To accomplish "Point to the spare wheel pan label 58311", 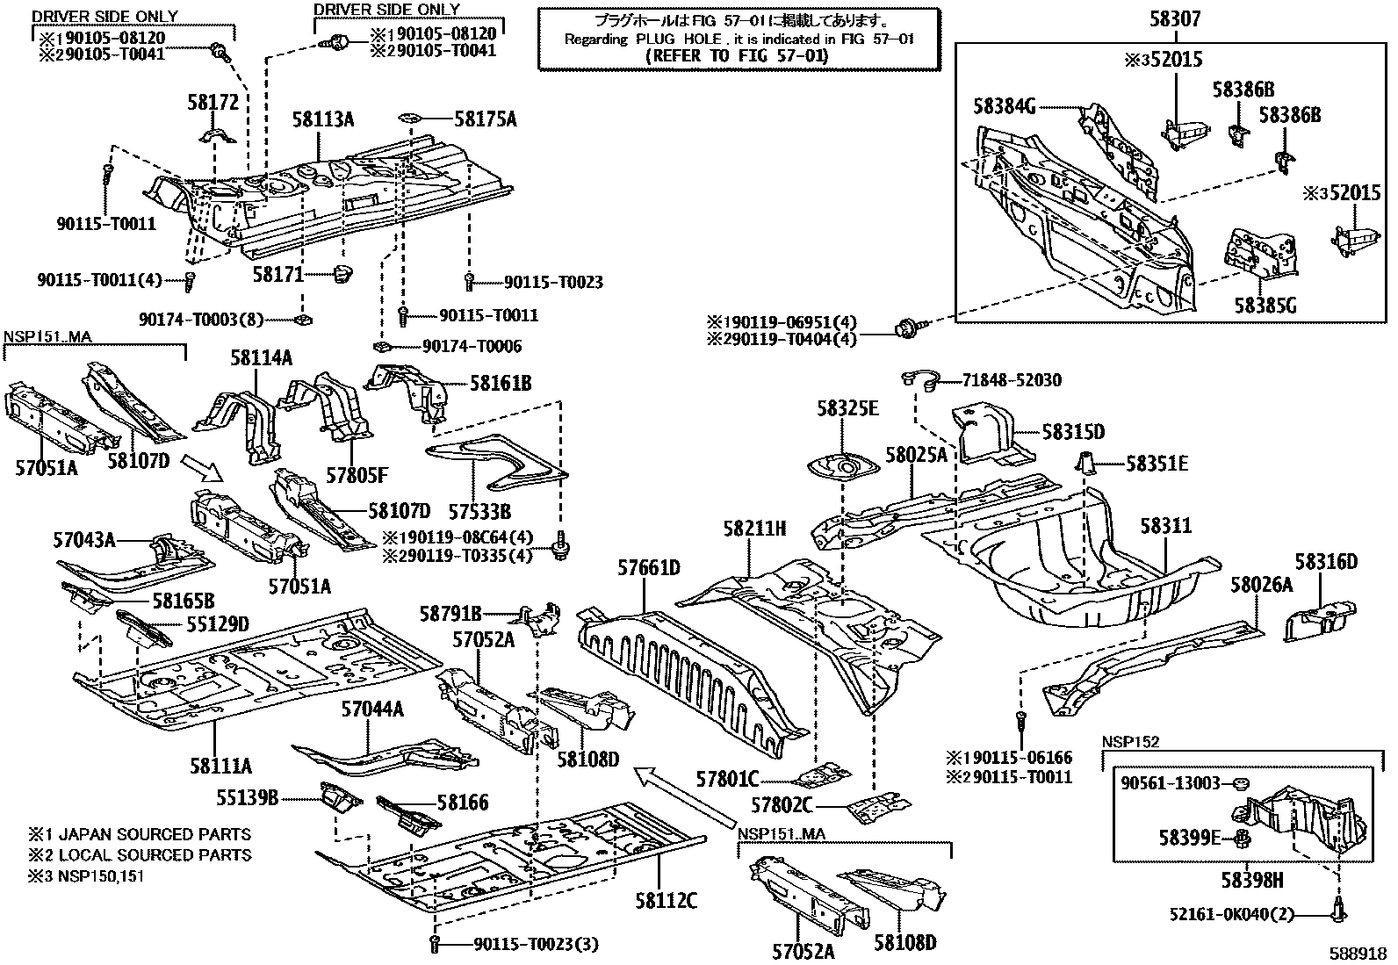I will click(1166, 526).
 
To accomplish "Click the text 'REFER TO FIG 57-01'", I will click(737, 56).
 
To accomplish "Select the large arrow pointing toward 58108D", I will click(684, 796).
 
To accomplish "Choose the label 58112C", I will click(666, 902).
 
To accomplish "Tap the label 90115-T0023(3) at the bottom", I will click(536, 945).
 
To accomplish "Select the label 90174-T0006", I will click(472, 347).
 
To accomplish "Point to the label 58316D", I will click(1326, 562).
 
